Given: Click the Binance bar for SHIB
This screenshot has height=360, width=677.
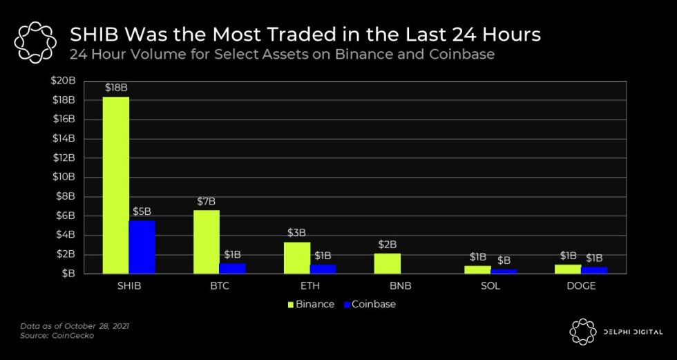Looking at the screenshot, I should pos(115,185).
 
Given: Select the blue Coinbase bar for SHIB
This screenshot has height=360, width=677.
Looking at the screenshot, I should pos(142,247).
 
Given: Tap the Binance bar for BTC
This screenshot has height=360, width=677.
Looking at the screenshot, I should pos(206,242).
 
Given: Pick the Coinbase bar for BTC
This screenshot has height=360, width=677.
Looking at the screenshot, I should pos(232,268).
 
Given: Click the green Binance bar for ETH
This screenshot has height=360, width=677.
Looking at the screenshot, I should pos(296,258).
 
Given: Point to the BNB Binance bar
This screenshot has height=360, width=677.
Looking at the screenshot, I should pos(387,263).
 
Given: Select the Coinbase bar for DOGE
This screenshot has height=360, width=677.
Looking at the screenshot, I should pos(594,269).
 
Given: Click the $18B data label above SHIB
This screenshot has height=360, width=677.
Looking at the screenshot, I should pos(115,88).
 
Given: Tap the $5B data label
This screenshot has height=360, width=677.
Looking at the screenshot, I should pos(142,211).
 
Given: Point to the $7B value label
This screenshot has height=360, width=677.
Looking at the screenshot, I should pos(206,201).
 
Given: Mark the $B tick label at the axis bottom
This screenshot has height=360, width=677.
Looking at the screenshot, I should pos(68,274).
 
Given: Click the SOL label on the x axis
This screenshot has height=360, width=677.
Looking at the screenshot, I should pos(490,286).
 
